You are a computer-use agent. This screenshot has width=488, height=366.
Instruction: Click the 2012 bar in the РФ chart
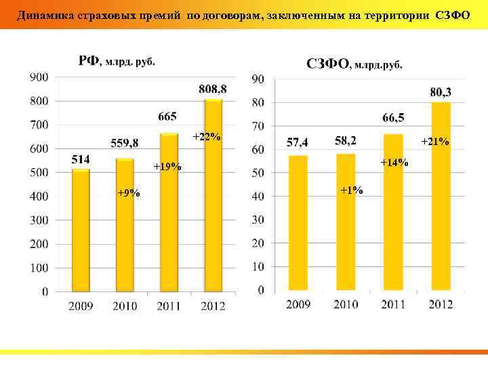[x=213, y=197]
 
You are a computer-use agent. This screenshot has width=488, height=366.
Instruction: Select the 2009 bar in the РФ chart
[x=81, y=230]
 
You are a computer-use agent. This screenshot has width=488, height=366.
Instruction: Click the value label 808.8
[x=213, y=89]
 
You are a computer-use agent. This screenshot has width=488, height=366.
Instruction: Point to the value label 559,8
[x=125, y=142]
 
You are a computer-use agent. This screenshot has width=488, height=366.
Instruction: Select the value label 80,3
[x=441, y=91]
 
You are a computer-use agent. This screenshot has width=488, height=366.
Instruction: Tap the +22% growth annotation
[x=207, y=137]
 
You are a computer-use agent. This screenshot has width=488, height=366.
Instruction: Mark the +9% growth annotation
[x=128, y=193]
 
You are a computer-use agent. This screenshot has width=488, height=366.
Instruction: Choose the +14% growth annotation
[x=394, y=162]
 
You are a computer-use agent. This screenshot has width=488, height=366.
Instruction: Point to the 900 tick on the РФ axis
[x=39, y=77]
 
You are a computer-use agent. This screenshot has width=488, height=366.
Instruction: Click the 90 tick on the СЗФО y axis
[x=258, y=80]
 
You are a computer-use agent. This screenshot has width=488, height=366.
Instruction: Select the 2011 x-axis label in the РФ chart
[x=169, y=306]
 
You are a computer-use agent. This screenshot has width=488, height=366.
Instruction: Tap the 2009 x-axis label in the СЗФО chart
[x=298, y=305]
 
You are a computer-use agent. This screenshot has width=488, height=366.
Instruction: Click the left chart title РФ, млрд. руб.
[x=117, y=61]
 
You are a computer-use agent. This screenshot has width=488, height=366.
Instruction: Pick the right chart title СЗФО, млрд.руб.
[x=354, y=64]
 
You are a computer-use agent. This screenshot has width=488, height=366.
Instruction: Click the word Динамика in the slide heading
[x=42, y=15]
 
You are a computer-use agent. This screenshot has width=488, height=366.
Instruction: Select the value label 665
[x=168, y=117]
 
